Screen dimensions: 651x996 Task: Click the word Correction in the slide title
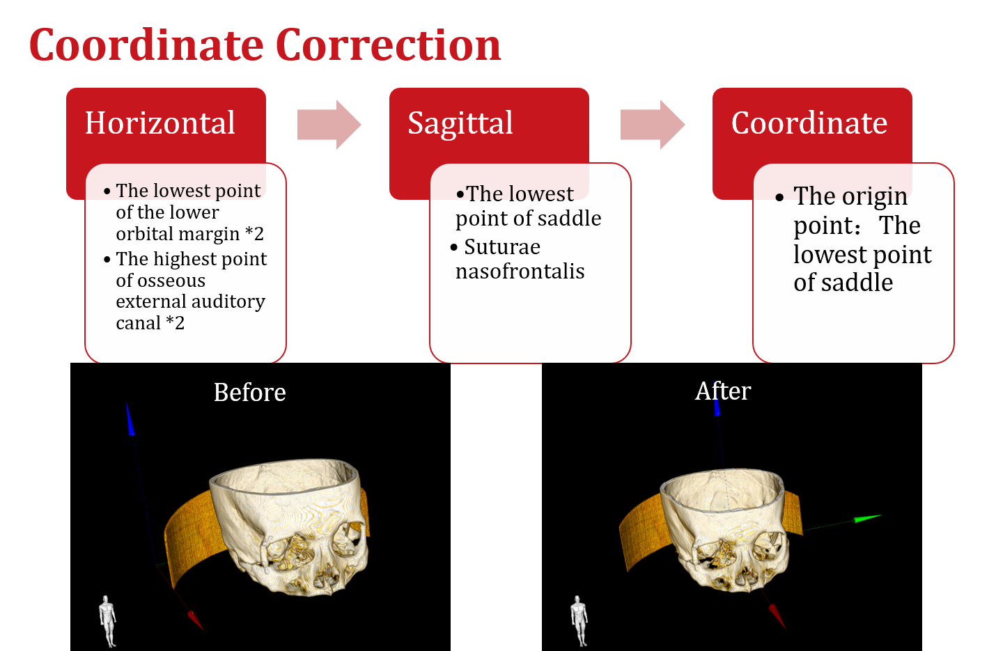(388, 46)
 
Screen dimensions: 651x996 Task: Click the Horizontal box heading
(160, 123)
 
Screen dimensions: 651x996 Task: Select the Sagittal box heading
(460, 123)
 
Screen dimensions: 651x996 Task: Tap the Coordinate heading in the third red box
(809, 123)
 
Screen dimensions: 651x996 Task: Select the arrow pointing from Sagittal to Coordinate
(652, 125)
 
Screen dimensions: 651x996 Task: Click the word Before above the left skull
(249, 393)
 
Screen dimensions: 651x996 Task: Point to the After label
(723, 391)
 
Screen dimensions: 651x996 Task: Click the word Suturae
(502, 247)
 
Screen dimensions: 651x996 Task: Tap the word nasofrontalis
(520, 272)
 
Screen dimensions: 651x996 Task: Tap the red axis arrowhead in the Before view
(195, 620)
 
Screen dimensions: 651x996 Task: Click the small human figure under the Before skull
(107, 620)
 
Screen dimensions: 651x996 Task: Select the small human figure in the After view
(579, 620)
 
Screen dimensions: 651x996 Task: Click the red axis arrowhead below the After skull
(777, 615)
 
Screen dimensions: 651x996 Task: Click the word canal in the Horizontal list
(138, 323)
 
